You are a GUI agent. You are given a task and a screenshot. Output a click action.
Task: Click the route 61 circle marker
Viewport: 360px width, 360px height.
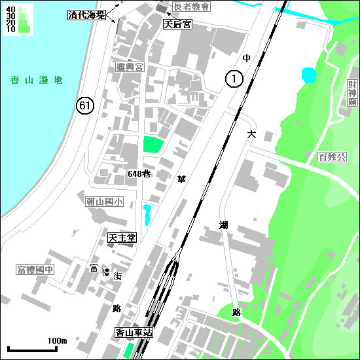tap(84, 105)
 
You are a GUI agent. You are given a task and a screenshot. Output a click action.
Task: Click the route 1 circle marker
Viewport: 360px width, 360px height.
tap(235, 79)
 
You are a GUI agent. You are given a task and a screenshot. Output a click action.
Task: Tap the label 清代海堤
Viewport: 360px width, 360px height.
tap(86, 14)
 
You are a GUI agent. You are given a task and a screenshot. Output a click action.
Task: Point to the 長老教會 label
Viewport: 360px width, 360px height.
tap(192, 7)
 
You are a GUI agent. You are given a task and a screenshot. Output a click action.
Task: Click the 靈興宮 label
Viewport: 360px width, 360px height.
tap(130, 67)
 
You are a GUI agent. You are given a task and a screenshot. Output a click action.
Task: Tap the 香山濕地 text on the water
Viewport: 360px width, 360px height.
tap(37, 80)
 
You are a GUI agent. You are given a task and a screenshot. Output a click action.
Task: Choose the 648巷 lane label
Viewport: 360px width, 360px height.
tap(139, 174)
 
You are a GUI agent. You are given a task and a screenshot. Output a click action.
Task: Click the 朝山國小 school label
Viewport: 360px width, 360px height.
tap(103, 202)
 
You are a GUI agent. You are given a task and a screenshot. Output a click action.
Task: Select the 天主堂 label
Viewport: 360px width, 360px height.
tap(122, 238)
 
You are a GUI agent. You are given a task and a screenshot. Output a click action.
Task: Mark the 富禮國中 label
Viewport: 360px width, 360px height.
tap(35, 270)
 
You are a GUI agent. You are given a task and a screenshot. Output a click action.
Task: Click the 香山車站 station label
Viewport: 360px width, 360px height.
tap(134, 333)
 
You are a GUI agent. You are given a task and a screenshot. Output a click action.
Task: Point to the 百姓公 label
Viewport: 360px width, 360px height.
tap(331, 157)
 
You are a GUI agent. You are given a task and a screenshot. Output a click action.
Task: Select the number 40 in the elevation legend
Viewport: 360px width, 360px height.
tap(10, 9)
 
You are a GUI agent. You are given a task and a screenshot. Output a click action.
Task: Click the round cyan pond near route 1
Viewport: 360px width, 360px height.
tap(308, 75)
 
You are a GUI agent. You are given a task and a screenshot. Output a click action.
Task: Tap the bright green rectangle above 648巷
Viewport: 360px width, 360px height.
tap(152, 145)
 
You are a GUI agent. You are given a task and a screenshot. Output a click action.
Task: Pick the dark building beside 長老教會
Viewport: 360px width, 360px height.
tap(162, 7)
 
